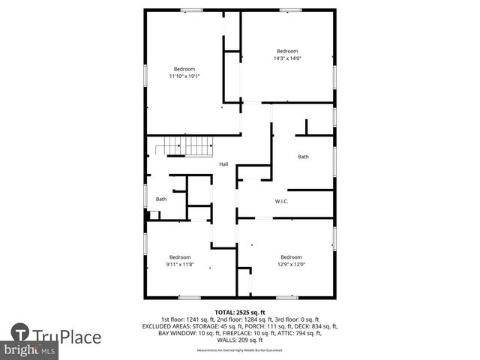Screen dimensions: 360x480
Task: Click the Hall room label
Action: coord(223,164)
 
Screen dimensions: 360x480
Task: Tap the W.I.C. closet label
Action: coord(282,201)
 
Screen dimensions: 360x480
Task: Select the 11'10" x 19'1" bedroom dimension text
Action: coord(184,76)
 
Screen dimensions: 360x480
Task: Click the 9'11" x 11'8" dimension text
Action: coord(180,264)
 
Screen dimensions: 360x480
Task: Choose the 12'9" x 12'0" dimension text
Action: coord(291,264)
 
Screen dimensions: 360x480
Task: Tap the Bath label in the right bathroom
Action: coord(303,157)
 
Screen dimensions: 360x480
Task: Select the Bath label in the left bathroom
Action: coord(161,199)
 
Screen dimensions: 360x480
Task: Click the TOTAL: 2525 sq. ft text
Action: coord(240,312)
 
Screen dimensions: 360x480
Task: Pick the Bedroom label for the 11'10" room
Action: coord(184,69)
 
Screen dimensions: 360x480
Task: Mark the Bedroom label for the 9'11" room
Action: coord(180,257)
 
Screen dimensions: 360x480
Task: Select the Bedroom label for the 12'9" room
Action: coord(291,257)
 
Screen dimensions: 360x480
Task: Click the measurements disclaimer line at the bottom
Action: coord(240,350)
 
